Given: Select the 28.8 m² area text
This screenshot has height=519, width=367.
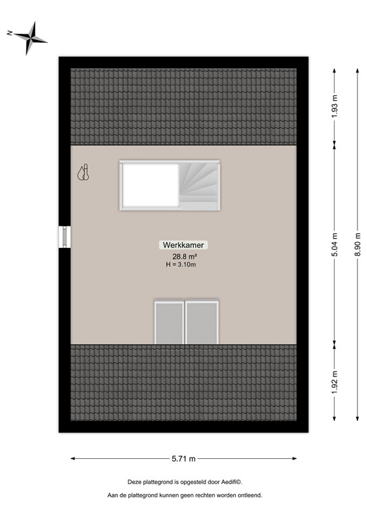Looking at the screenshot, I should point(184,257).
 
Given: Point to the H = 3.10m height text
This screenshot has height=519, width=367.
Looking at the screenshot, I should point(184,265).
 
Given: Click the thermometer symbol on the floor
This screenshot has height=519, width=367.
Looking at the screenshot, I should point(83,174).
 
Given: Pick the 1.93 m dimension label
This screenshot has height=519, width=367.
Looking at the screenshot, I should point(334,105).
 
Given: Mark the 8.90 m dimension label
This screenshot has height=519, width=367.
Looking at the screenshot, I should point(358,243).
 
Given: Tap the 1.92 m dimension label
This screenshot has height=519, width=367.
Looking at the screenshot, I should point(334,382).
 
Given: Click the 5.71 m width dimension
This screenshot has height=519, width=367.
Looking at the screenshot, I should point(182,459).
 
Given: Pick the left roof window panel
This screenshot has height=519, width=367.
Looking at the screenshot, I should point(169,322).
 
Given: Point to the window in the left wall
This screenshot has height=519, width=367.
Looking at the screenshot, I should point(65,238).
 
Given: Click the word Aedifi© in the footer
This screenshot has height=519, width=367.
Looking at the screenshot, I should point(229,482).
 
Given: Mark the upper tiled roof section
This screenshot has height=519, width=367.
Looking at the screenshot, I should point(183,106).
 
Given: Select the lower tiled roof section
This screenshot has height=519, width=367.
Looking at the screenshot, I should point(183,382).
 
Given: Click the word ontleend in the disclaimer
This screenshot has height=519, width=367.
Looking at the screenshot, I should point(247,495).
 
